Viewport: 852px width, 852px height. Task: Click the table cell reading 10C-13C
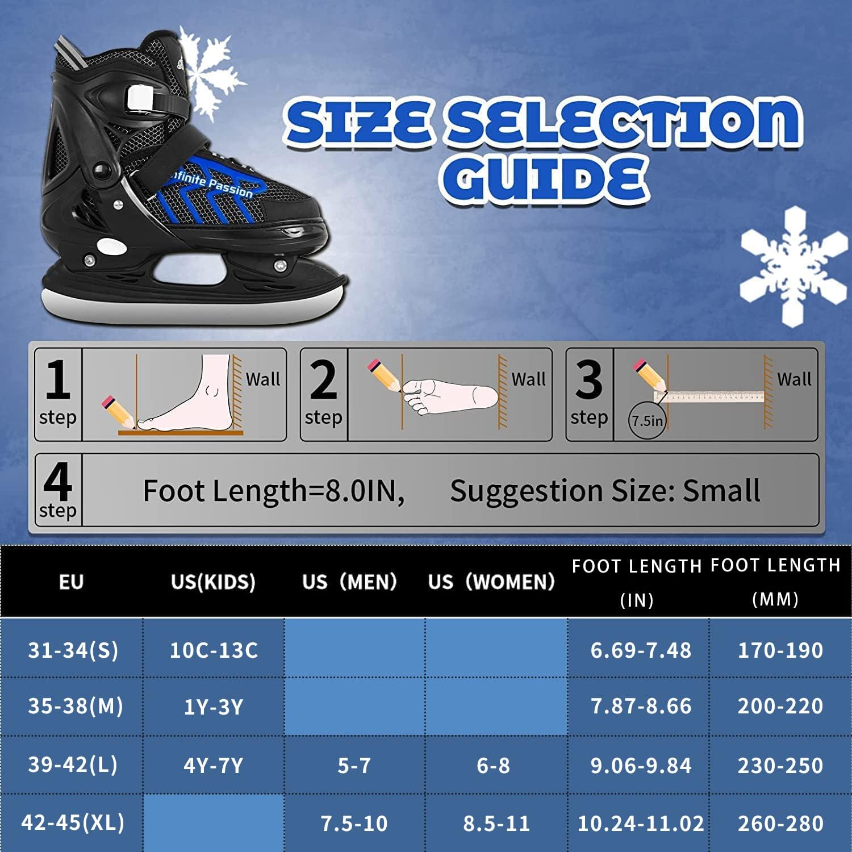click(x=214, y=650)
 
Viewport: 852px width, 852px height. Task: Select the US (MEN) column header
click(x=349, y=582)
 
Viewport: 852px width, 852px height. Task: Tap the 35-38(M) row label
click(x=75, y=706)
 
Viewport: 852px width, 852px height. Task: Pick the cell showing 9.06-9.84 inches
click(x=641, y=766)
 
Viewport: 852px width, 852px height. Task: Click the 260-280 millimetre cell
click(x=780, y=823)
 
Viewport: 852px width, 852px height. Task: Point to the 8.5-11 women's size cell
click(x=496, y=823)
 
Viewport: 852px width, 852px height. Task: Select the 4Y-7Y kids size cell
click(x=213, y=766)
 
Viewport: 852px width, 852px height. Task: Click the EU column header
click(x=71, y=582)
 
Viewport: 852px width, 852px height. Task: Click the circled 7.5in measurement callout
click(x=647, y=421)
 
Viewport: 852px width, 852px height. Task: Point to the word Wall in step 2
click(x=528, y=379)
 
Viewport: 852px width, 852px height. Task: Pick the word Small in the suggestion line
click(x=721, y=491)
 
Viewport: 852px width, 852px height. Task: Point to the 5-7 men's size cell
click(x=354, y=766)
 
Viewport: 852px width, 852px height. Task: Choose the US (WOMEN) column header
click(x=491, y=582)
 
